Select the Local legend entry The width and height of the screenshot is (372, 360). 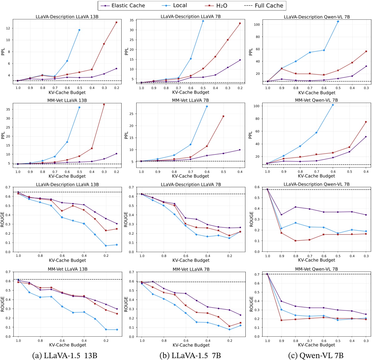(180, 6)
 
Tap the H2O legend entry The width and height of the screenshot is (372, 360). (221, 6)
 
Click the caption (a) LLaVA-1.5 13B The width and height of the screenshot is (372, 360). (65, 355)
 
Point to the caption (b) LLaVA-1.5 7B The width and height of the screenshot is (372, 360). (190, 355)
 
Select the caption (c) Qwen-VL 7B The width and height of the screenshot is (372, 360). (317, 355)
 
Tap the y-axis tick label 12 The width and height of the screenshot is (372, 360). (8, 28)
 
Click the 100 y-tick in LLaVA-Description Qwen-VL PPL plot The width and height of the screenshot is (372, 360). (258, 25)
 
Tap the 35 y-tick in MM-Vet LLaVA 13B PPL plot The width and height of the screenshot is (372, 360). (8, 109)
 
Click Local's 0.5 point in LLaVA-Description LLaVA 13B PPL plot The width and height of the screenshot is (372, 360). (79, 30)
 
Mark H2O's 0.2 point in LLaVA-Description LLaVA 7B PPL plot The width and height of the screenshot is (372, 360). (240, 23)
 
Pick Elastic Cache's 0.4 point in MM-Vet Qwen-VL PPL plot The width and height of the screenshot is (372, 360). (366, 137)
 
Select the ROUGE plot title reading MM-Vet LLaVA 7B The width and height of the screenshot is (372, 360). (191, 269)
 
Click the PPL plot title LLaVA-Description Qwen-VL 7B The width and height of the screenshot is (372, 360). (316, 17)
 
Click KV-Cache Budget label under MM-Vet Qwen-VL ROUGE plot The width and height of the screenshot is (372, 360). (316, 345)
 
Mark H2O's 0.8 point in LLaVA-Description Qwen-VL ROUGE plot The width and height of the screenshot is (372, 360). (295, 241)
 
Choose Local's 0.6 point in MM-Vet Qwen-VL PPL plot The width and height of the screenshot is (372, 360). (333, 105)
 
